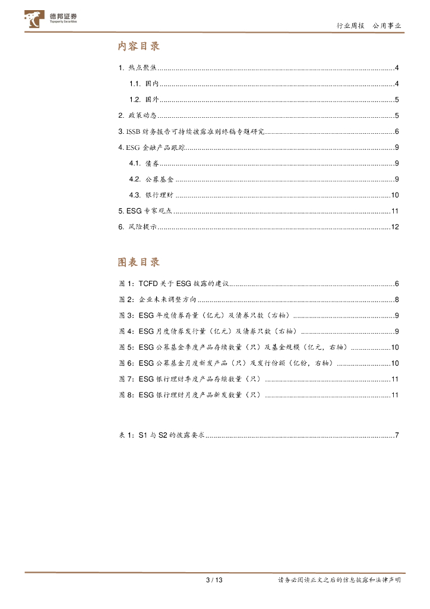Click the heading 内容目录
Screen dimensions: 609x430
(139, 46)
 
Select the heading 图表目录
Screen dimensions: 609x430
(139, 262)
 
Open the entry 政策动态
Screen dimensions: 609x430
(137, 115)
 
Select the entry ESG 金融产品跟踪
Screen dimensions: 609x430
(151, 147)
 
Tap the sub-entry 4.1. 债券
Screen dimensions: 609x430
(144, 164)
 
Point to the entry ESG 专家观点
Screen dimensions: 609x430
(145, 211)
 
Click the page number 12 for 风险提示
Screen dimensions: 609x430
(394, 227)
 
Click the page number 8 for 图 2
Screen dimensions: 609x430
(396, 300)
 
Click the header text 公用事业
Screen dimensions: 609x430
(387, 26)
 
